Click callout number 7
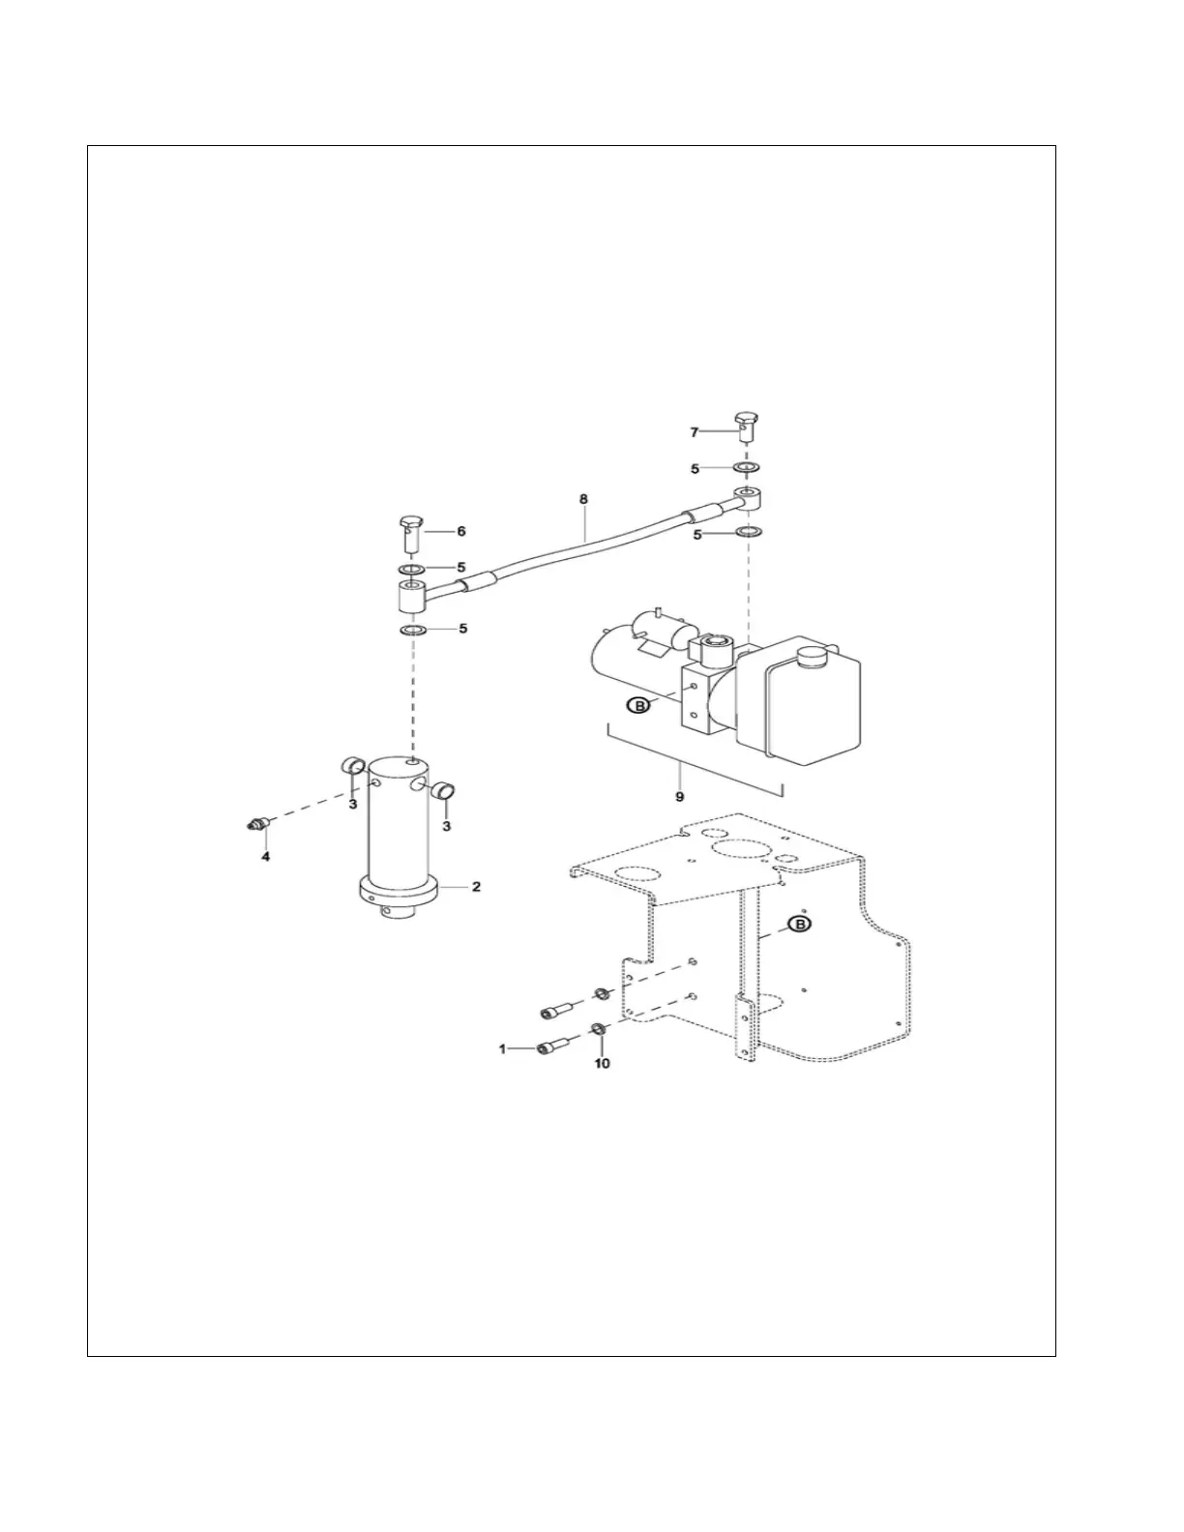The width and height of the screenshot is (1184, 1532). pyautogui.click(x=694, y=431)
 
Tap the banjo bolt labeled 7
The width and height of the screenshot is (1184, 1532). pyautogui.click(x=745, y=425)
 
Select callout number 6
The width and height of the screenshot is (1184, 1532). pyautogui.click(x=461, y=531)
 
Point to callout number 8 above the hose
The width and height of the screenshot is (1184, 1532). pyautogui.click(x=583, y=500)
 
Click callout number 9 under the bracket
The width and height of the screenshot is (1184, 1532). pyautogui.click(x=680, y=796)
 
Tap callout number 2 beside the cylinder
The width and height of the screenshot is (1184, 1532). pyautogui.click(x=476, y=886)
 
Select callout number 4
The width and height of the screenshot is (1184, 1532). pyautogui.click(x=265, y=856)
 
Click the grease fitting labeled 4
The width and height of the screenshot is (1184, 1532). pyautogui.click(x=254, y=825)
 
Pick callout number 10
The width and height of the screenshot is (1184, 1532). pyautogui.click(x=602, y=1064)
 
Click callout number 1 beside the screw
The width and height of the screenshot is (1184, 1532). pyautogui.click(x=502, y=1048)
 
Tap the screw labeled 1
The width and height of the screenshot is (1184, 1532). pyautogui.click(x=551, y=1046)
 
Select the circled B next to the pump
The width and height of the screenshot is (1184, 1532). pyautogui.click(x=638, y=706)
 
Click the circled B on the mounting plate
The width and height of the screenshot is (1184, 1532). pyautogui.click(x=800, y=926)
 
